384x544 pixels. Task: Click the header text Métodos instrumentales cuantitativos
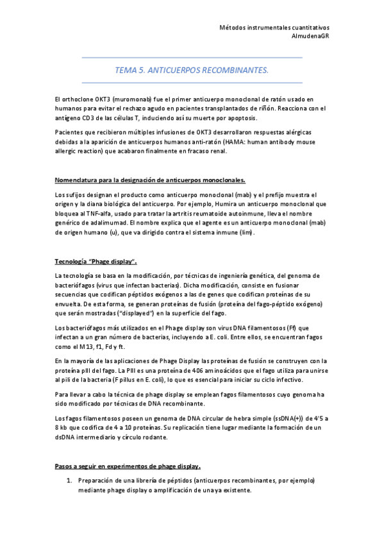coord(274,28)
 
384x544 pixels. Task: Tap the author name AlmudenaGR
coord(310,36)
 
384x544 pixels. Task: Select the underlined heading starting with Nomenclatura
coord(149,180)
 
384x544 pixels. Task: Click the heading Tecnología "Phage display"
coord(96,262)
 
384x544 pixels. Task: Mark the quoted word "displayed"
coord(132,313)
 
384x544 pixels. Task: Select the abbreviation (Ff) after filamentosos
coord(285,328)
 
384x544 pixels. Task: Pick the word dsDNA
coord(68,437)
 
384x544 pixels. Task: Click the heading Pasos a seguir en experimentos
coord(128,466)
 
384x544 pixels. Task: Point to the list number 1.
coord(69,480)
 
